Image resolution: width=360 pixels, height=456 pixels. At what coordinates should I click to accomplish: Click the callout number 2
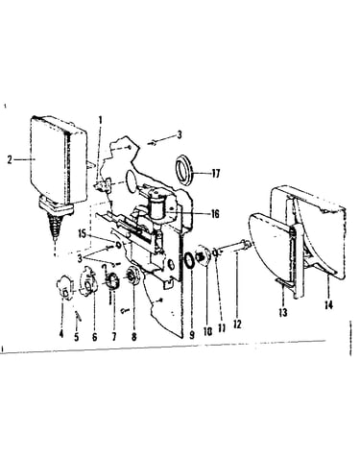10,159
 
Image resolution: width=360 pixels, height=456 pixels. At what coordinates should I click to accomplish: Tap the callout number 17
216,174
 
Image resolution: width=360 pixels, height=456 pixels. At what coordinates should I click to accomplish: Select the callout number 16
215,213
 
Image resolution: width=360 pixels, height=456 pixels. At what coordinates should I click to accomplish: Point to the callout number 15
83,234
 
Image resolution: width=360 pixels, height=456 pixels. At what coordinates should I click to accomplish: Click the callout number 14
328,305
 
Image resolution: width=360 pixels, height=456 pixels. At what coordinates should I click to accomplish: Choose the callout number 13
283,312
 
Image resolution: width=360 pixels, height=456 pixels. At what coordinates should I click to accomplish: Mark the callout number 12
237,324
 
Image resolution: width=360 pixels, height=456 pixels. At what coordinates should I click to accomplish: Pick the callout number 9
192,335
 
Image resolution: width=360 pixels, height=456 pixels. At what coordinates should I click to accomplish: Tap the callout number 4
61,334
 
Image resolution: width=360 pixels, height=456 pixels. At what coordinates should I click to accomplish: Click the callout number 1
101,120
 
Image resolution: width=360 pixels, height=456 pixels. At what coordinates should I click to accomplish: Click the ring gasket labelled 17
184,169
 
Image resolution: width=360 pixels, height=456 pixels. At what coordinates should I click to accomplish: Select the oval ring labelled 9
189,260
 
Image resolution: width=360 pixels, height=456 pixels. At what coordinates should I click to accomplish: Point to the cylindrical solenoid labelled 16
157,207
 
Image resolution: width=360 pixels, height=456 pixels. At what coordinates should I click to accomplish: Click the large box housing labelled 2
58,160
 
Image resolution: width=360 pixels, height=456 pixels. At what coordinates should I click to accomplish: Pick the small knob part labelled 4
64,288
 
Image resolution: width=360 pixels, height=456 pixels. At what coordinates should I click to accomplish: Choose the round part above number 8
133,275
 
